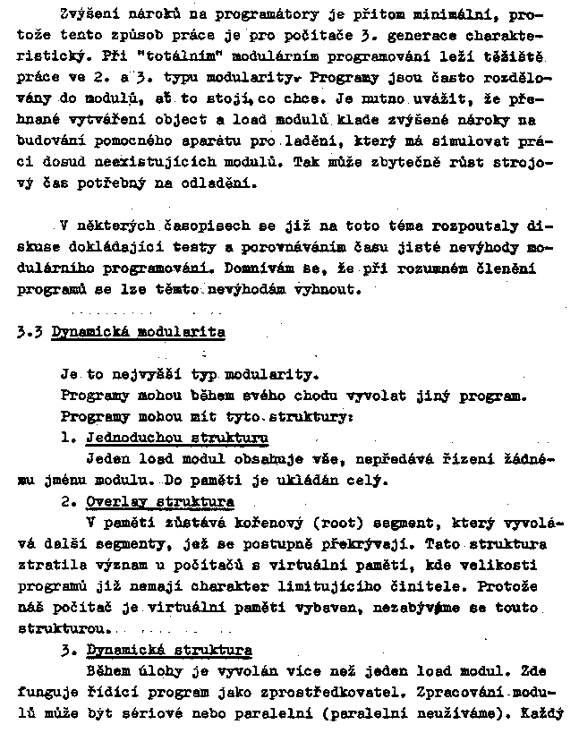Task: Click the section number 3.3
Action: click(x=32, y=331)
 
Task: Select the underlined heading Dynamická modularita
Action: click(x=138, y=331)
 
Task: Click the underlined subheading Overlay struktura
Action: click(x=160, y=501)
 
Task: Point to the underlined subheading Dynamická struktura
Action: click(x=168, y=650)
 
